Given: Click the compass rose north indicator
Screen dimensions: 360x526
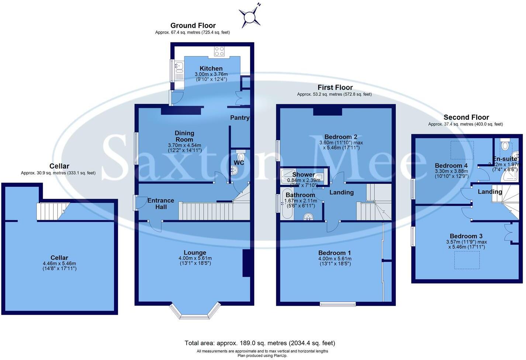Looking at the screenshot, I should pos(250,17).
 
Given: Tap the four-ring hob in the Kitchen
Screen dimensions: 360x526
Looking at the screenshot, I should pos(219,51).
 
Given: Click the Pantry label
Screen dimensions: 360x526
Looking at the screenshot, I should pos(240,118).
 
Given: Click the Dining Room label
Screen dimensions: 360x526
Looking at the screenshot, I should pos(184,136).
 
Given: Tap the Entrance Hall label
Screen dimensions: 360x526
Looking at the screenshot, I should pos(160,204).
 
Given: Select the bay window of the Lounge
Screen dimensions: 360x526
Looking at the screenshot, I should pos(195,312).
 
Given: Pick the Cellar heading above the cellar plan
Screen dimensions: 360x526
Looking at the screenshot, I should pos(59,166).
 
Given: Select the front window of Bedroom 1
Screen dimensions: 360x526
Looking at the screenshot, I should pos(338,304).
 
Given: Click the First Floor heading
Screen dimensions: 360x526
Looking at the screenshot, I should pos(335,87).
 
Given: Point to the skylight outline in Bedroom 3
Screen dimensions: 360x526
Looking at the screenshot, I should pos(467,260).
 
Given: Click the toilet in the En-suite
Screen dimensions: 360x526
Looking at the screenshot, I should pos(505,145).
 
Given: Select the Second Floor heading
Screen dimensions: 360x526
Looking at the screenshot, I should pos(466,117).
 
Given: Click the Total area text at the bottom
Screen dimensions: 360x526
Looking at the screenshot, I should pos(260,343).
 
